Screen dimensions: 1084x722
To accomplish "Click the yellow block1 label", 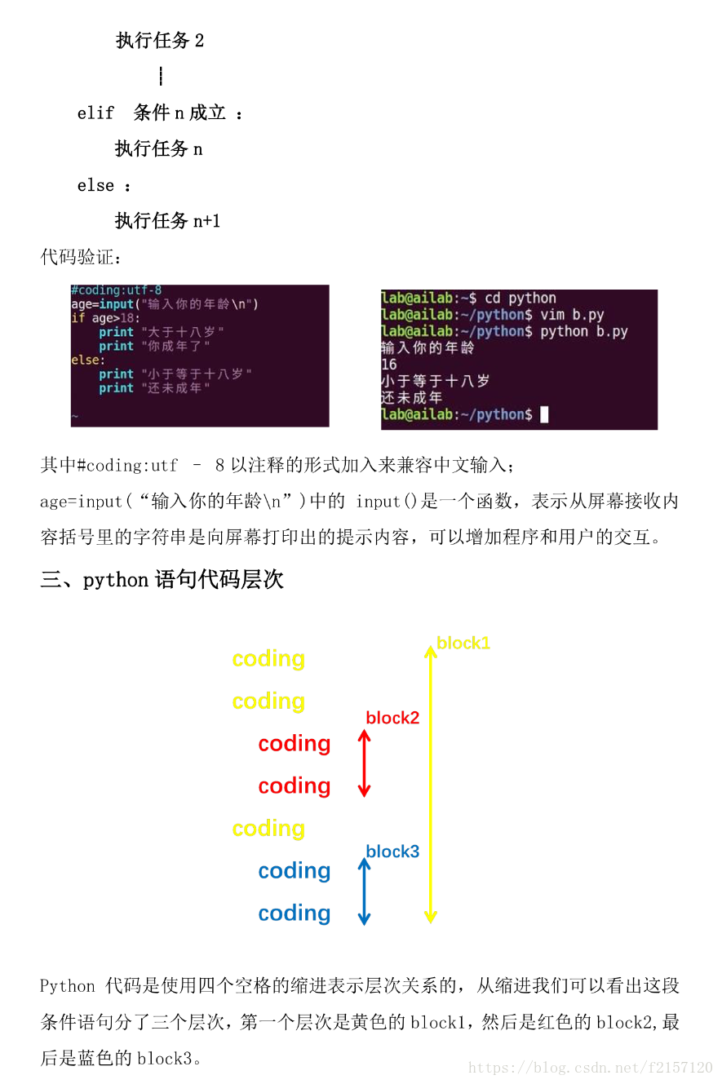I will (463, 643).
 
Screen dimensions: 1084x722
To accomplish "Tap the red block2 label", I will (392, 718).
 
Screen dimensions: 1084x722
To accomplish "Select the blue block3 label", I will (392, 852).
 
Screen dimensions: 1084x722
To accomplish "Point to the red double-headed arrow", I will (365, 763).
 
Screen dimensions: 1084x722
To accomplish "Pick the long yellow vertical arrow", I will (430, 783).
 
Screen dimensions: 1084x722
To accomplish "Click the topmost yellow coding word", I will (268, 659).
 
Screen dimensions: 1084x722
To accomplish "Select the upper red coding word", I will (295, 744).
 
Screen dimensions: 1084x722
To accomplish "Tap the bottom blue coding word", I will (295, 914).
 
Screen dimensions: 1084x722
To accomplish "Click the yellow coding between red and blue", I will (268, 829).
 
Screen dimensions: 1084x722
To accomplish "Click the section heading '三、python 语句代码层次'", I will (162, 580).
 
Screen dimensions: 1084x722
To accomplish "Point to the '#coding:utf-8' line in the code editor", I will (117, 290).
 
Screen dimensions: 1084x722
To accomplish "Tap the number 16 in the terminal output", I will (389, 365).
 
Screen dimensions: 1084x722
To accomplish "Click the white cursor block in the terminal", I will (544, 414).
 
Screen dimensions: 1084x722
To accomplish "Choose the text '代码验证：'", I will (82, 258).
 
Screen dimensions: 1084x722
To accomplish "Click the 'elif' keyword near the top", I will (95, 113).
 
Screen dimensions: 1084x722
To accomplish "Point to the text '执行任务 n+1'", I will (167, 221).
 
